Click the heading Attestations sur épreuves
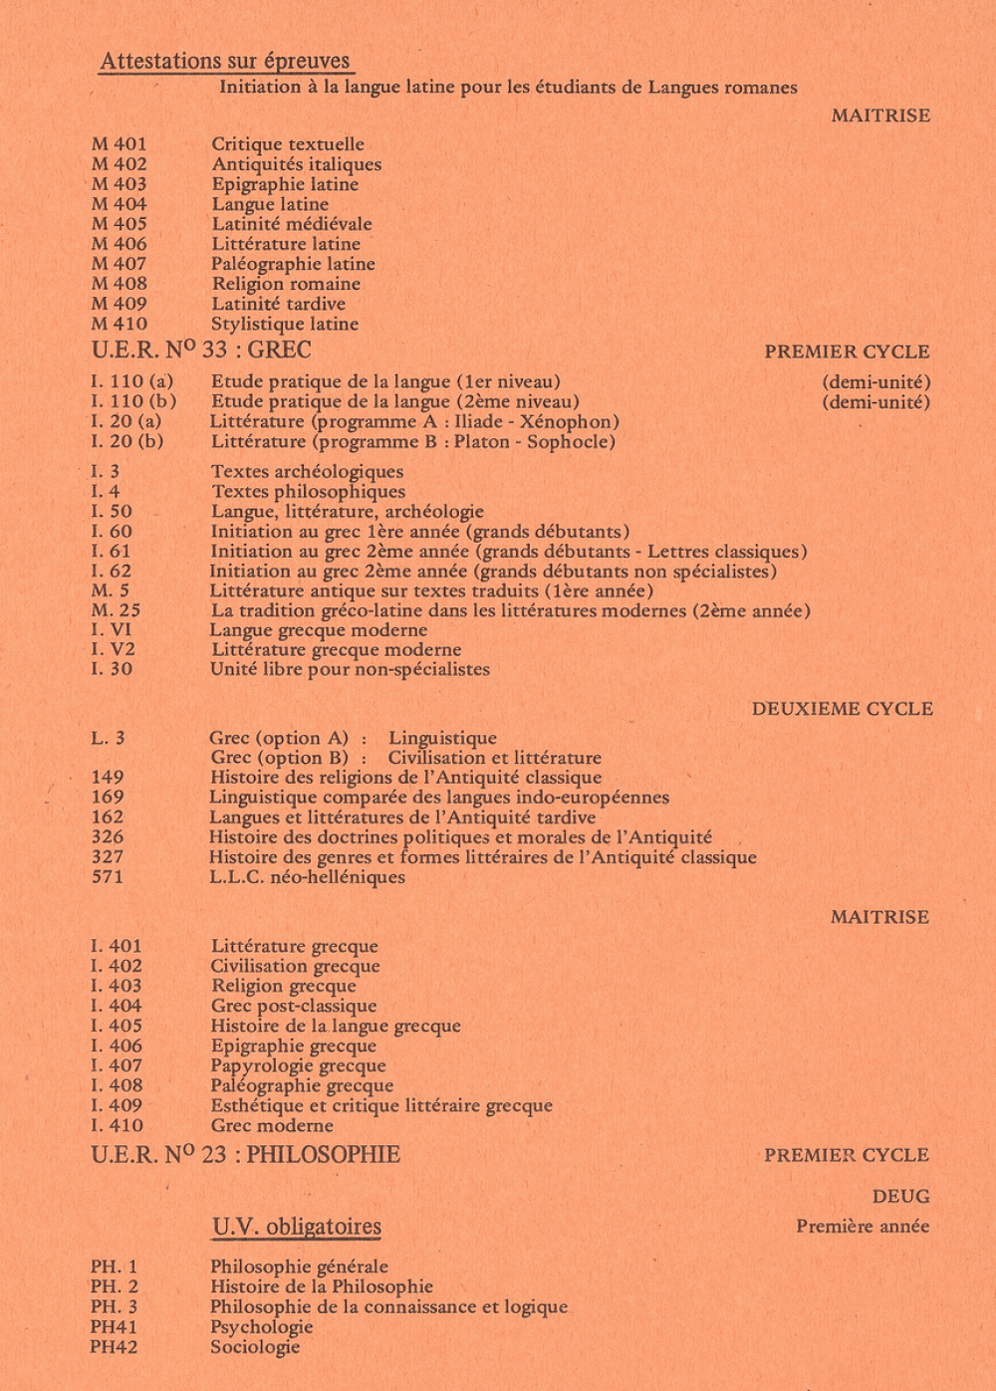point(226,61)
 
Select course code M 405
point(120,224)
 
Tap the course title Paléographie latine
point(293,264)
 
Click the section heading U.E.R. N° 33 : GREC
point(201,350)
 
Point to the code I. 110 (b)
point(133,401)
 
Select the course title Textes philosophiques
point(308,491)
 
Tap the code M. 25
point(116,610)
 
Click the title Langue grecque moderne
point(318,630)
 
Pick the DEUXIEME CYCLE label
point(843,709)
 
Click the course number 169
point(108,798)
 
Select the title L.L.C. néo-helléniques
point(307,877)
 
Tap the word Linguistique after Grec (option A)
point(442,738)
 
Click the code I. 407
point(117,1065)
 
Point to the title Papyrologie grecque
point(298,1065)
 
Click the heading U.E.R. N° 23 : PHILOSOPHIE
point(245,1155)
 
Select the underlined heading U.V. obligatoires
point(297,1227)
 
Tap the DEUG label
point(900,1197)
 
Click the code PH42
point(114,1347)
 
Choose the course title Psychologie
point(261,1327)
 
